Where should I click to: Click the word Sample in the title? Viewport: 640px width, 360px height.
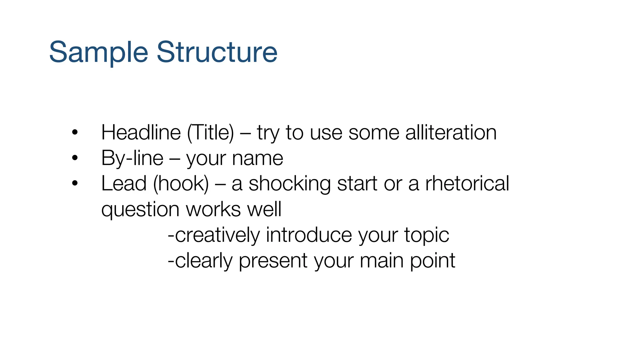(98, 52)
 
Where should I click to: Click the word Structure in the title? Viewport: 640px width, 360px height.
(217, 52)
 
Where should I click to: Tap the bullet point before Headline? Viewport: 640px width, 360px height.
(74, 132)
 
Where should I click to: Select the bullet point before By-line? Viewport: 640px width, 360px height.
(74, 158)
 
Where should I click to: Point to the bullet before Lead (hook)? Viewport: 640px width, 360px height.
(74, 183)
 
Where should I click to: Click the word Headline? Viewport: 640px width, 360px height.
(141, 132)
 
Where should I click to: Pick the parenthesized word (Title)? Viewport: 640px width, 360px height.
(210, 132)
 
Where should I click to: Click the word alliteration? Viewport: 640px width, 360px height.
(451, 132)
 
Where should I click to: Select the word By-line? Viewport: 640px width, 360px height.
(132, 158)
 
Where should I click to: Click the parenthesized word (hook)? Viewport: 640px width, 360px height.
(181, 183)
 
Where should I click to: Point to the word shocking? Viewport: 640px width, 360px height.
(289, 183)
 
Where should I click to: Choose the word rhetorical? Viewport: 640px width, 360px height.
(467, 183)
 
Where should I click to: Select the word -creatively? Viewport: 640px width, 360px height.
(214, 235)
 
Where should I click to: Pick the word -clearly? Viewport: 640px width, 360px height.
(200, 261)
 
